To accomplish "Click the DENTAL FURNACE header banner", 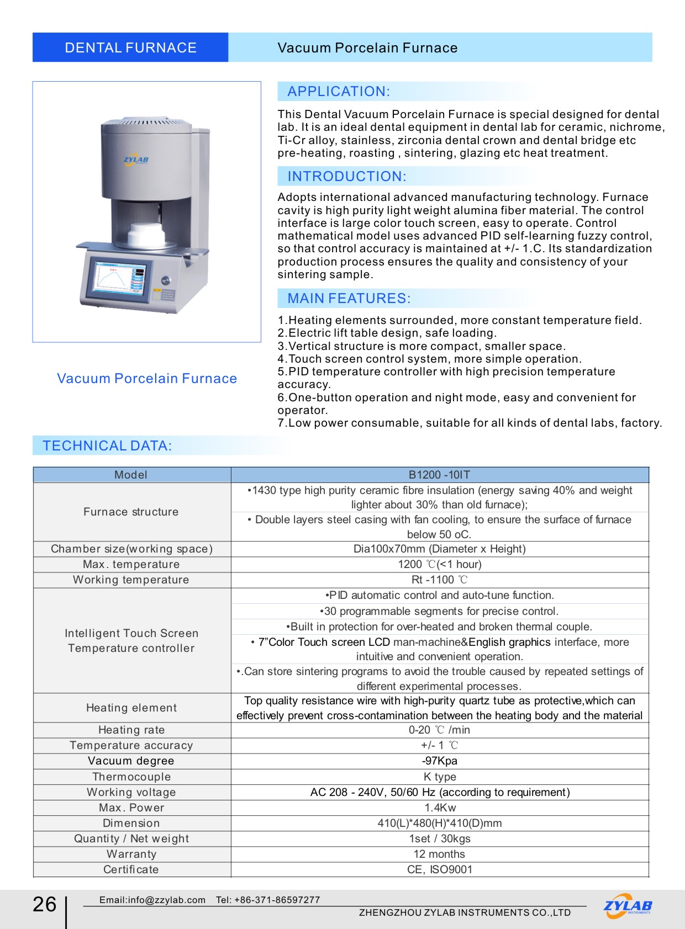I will pyautogui.click(x=130, y=47).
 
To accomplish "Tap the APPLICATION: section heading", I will pyautogui.click(x=338, y=92).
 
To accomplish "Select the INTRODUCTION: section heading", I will pyautogui.click(x=346, y=177).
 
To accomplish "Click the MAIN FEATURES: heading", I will pyautogui.click(x=349, y=299).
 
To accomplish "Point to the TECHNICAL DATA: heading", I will pyautogui.click(x=107, y=446).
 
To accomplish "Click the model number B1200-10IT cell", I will pyautogui.click(x=439, y=475).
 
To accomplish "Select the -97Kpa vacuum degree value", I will pyautogui.click(x=439, y=761).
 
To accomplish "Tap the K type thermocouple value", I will pyautogui.click(x=439, y=777).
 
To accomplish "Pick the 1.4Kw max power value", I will pyautogui.click(x=439, y=808).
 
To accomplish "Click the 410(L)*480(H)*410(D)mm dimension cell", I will pyautogui.click(x=439, y=823).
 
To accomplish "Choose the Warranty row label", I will pyautogui.click(x=131, y=854).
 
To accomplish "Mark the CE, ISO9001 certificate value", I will pyautogui.click(x=439, y=869).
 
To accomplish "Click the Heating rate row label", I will pyautogui.click(x=131, y=730).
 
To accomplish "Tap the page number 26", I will pyautogui.click(x=44, y=904).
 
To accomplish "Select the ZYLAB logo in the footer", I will pyautogui.click(x=628, y=906).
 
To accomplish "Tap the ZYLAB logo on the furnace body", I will pyautogui.click(x=135, y=160).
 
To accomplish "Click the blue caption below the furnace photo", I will pyautogui.click(x=147, y=379).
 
